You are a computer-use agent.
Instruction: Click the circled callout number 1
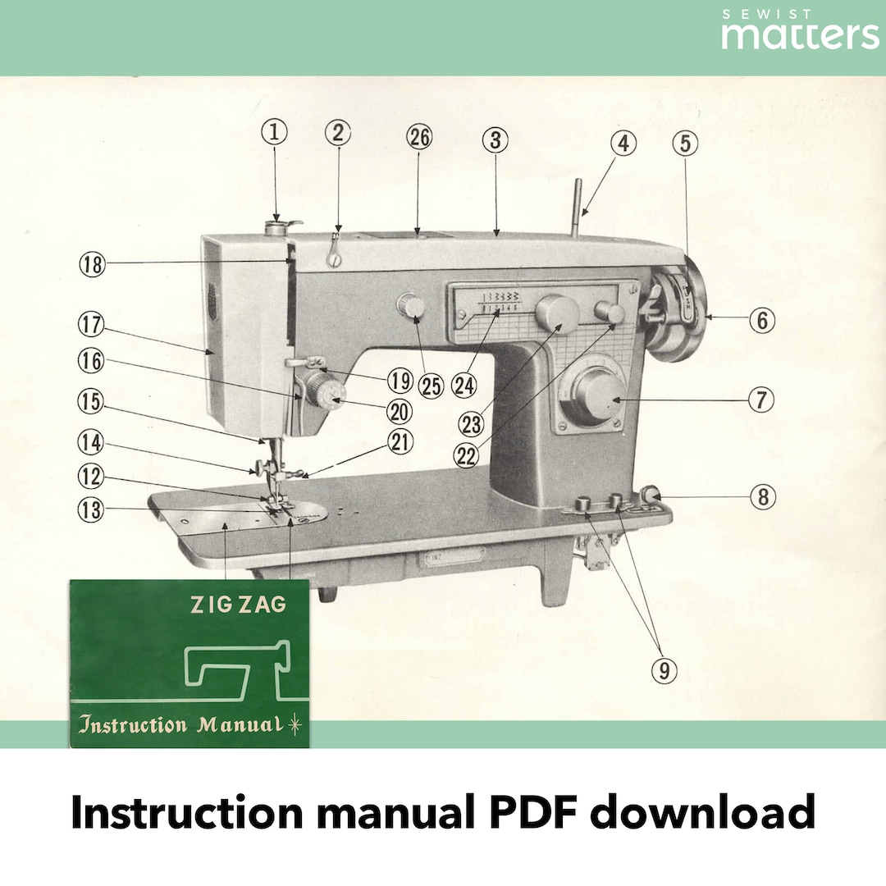[x=276, y=133]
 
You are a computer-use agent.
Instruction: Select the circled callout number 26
[x=418, y=138]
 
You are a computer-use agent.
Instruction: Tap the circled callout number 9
[x=664, y=670]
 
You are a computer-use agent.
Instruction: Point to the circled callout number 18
[x=93, y=264]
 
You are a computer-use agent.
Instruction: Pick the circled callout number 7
[x=760, y=400]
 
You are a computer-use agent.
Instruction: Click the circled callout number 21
[x=400, y=442]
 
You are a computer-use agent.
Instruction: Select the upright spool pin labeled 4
[x=580, y=205]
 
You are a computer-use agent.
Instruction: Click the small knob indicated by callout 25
[x=410, y=308]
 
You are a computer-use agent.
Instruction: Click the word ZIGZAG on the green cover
[x=238, y=605]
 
